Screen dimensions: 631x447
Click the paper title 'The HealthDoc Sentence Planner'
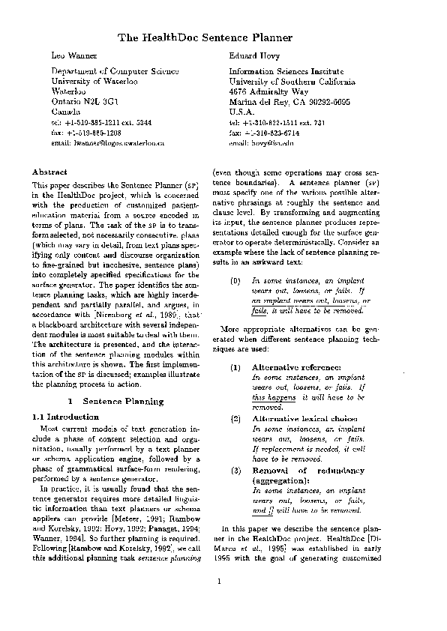click(204, 37)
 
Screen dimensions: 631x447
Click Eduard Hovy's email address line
click(260, 142)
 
